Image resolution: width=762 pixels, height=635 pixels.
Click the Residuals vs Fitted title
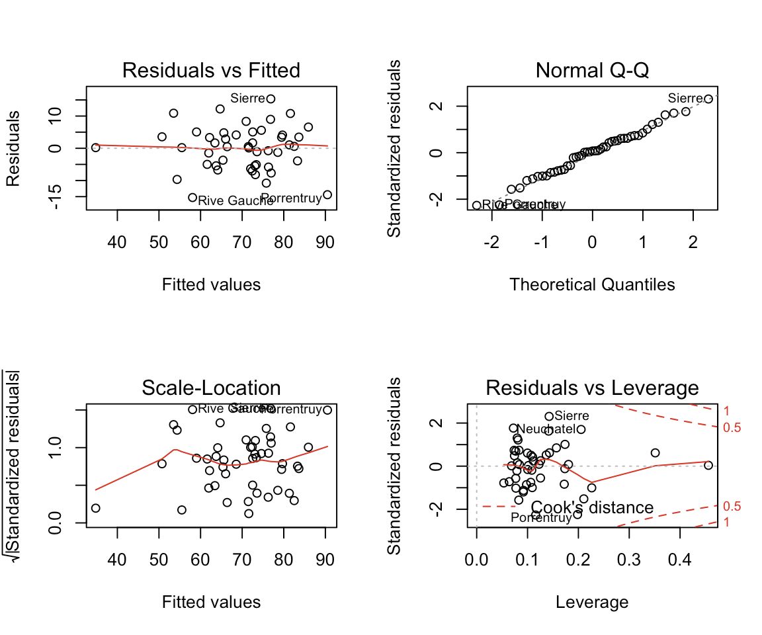pyautogui.click(x=211, y=70)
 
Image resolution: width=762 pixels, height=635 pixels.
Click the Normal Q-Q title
pyautogui.click(x=592, y=70)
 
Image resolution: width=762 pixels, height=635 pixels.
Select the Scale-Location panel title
pyautogui.click(x=211, y=388)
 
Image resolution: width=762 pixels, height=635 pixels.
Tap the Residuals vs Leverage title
pyautogui.click(x=592, y=388)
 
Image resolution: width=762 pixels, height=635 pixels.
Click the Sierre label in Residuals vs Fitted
pyautogui.click(x=247, y=99)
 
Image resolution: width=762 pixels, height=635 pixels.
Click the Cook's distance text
pyautogui.click(x=592, y=508)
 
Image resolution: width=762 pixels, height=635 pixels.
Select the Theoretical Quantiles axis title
pyautogui.click(x=592, y=284)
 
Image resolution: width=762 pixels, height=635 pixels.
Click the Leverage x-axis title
pyautogui.click(x=592, y=602)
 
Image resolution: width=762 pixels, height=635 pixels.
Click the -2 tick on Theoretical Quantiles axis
pyautogui.click(x=492, y=242)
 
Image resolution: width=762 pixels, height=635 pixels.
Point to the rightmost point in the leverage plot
pyautogui.click(x=709, y=466)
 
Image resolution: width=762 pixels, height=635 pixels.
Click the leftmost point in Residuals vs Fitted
pyautogui.click(x=96, y=148)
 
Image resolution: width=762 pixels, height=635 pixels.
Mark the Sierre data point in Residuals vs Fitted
pyautogui.click(x=271, y=99)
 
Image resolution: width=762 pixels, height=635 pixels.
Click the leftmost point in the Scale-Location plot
pyautogui.click(x=96, y=508)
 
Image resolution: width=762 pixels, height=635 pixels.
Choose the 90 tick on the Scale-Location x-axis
pyautogui.click(x=325, y=560)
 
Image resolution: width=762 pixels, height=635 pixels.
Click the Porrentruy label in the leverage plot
pyautogui.click(x=541, y=518)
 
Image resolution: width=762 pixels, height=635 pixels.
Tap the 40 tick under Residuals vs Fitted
pyautogui.click(x=117, y=242)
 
